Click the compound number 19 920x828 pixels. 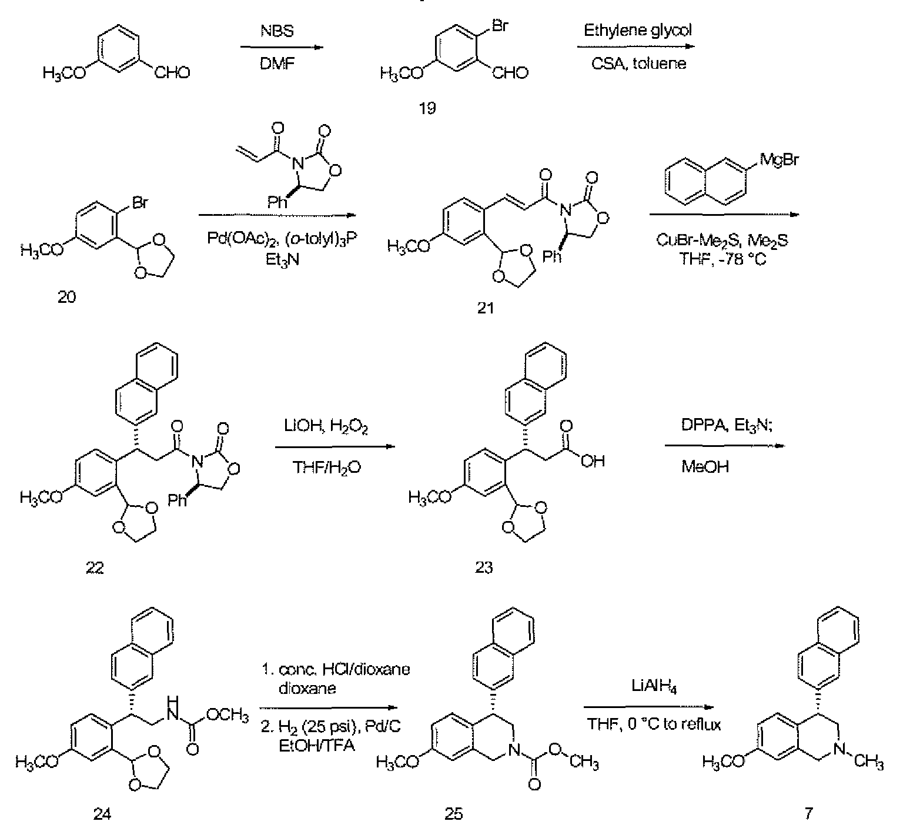[427, 109]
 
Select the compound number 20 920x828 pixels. [67, 297]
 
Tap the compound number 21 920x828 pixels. [486, 308]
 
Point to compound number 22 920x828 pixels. [95, 567]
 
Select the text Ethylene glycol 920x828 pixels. [637, 30]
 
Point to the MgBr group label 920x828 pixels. [780, 159]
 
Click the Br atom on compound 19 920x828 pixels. [500, 26]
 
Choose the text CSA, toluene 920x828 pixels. [638, 64]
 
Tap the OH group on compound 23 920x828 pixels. [593, 462]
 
